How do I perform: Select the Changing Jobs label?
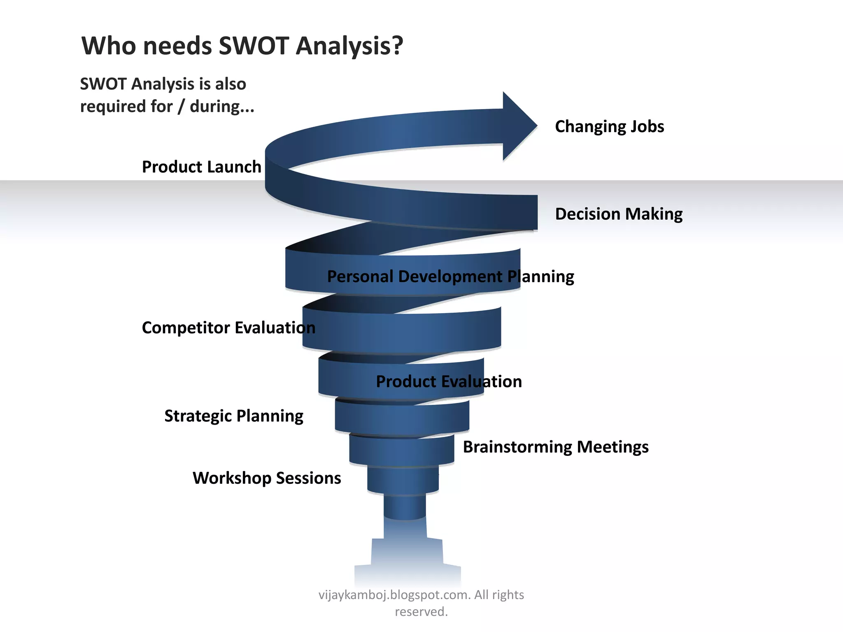tap(609, 126)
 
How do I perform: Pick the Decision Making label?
tap(618, 214)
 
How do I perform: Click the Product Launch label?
tap(201, 167)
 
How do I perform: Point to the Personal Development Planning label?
tap(450, 276)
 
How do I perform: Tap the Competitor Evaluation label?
tap(228, 328)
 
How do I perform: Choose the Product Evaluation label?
tap(449, 381)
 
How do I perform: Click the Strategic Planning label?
tap(234, 416)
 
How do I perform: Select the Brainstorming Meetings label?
tap(556, 447)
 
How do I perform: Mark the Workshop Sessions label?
tap(267, 478)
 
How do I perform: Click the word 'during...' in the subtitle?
tap(222, 106)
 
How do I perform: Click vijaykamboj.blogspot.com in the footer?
tap(394, 595)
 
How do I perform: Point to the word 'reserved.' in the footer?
tap(421, 611)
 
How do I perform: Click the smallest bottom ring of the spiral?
tap(405, 507)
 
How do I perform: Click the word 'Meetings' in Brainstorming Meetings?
tap(612, 447)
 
